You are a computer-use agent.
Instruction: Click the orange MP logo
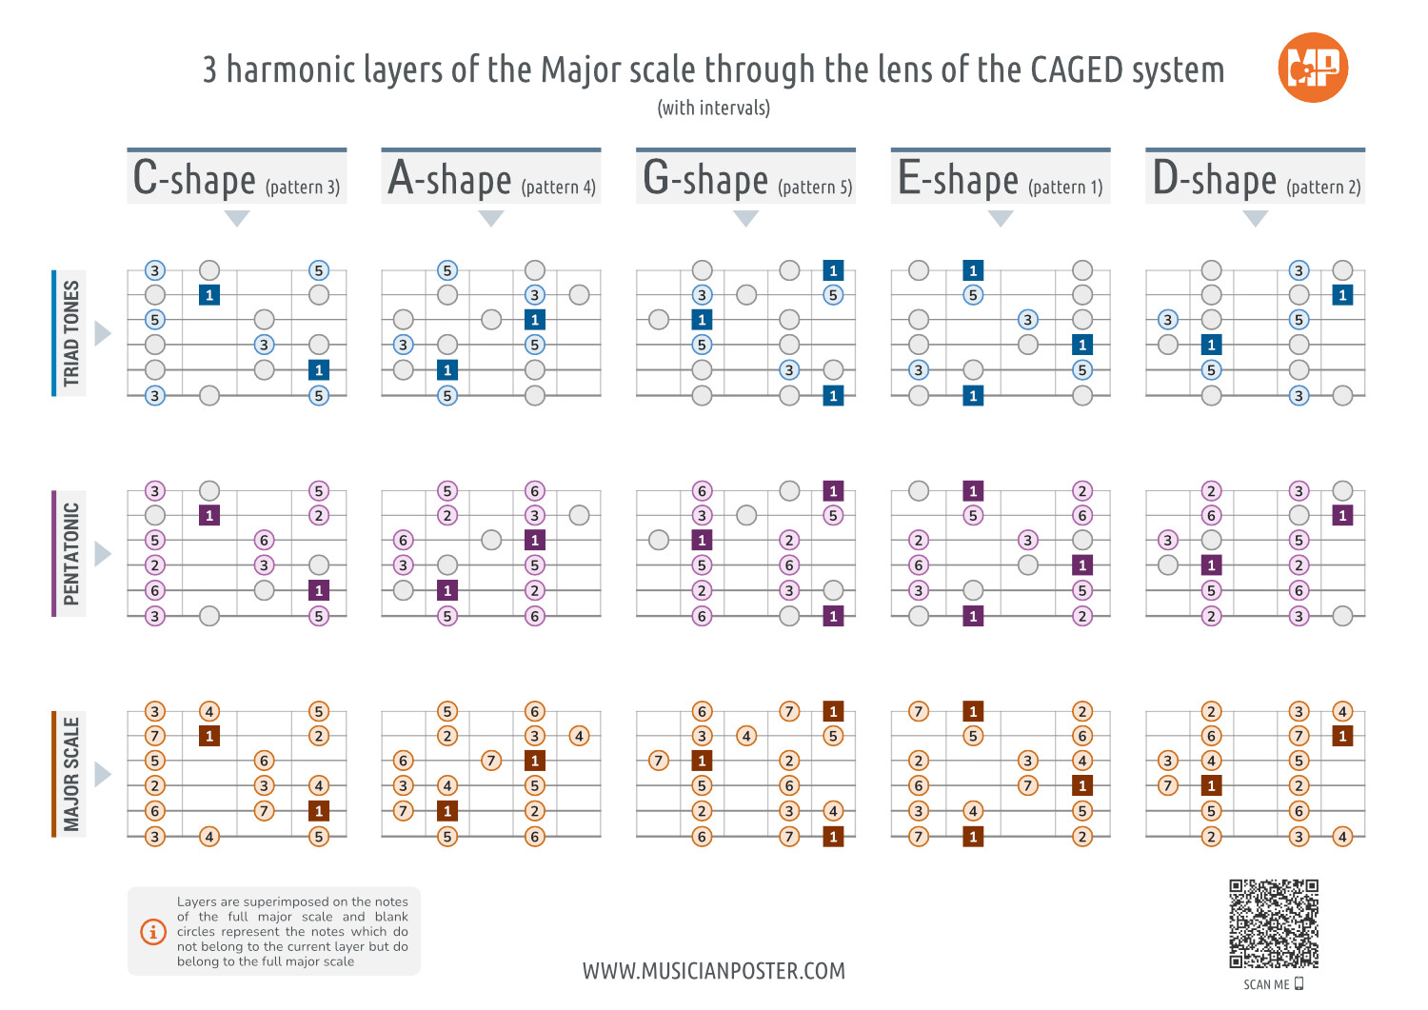[1313, 68]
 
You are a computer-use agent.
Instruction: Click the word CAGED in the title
[1078, 70]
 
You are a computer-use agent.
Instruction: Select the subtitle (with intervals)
[713, 108]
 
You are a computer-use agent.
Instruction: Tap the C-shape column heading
[195, 179]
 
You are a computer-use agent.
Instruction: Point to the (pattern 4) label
[558, 187]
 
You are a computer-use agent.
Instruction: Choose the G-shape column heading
[705, 179]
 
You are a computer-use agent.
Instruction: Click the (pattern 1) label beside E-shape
[1065, 187]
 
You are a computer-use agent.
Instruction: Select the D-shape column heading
[1215, 179]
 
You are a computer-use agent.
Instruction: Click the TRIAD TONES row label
[71, 333]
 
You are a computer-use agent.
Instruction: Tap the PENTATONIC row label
[71, 553]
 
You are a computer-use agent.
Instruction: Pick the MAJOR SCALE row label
[71, 774]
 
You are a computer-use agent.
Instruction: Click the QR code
[1273, 923]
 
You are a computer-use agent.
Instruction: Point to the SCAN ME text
[1266, 984]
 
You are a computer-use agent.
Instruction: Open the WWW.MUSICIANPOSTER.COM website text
[713, 971]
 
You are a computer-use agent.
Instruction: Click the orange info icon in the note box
[153, 931]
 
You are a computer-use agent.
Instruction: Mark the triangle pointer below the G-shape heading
[746, 218]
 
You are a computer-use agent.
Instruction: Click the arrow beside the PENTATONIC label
[102, 553]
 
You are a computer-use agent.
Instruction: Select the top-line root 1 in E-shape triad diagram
[973, 270]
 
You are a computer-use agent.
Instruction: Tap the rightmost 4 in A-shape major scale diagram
[579, 736]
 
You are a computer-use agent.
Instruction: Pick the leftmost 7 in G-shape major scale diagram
[659, 761]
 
